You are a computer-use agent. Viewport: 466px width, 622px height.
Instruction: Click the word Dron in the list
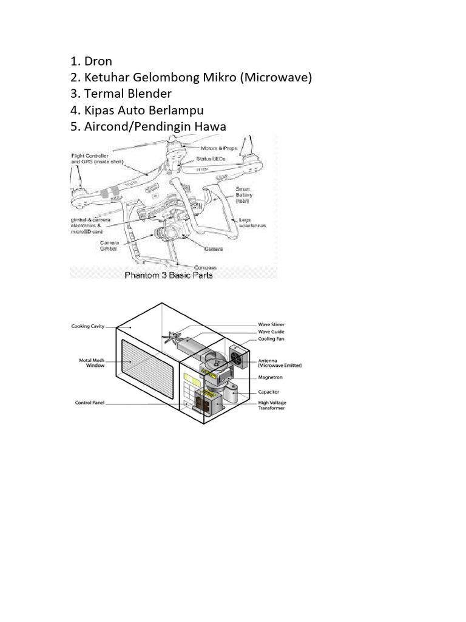point(98,61)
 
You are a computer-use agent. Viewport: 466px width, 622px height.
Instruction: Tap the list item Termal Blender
point(128,94)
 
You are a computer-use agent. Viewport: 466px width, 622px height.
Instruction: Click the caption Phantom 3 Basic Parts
point(169,275)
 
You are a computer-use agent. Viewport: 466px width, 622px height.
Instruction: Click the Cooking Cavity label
point(88,326)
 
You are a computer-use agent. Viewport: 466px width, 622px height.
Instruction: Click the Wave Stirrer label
point(271,325)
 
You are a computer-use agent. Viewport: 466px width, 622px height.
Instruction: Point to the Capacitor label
point(269,392)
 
